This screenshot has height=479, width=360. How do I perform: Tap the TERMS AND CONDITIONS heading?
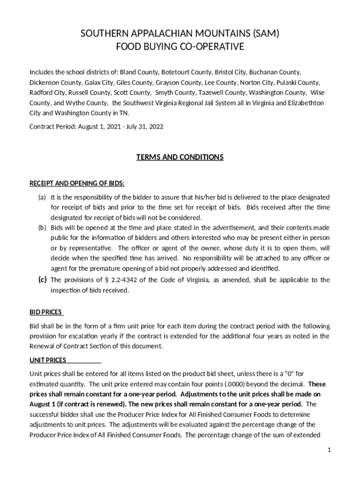click(180, 157)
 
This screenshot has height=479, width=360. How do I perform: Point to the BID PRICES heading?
click(46, 312)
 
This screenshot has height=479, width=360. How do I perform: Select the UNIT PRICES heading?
click(48, 360)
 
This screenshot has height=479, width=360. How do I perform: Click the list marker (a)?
click(42, 197)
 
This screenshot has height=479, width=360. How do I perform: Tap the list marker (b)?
click(42, 228)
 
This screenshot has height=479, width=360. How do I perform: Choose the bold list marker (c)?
click(42, 280)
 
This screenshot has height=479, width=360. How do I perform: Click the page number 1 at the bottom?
click(329, 450)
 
